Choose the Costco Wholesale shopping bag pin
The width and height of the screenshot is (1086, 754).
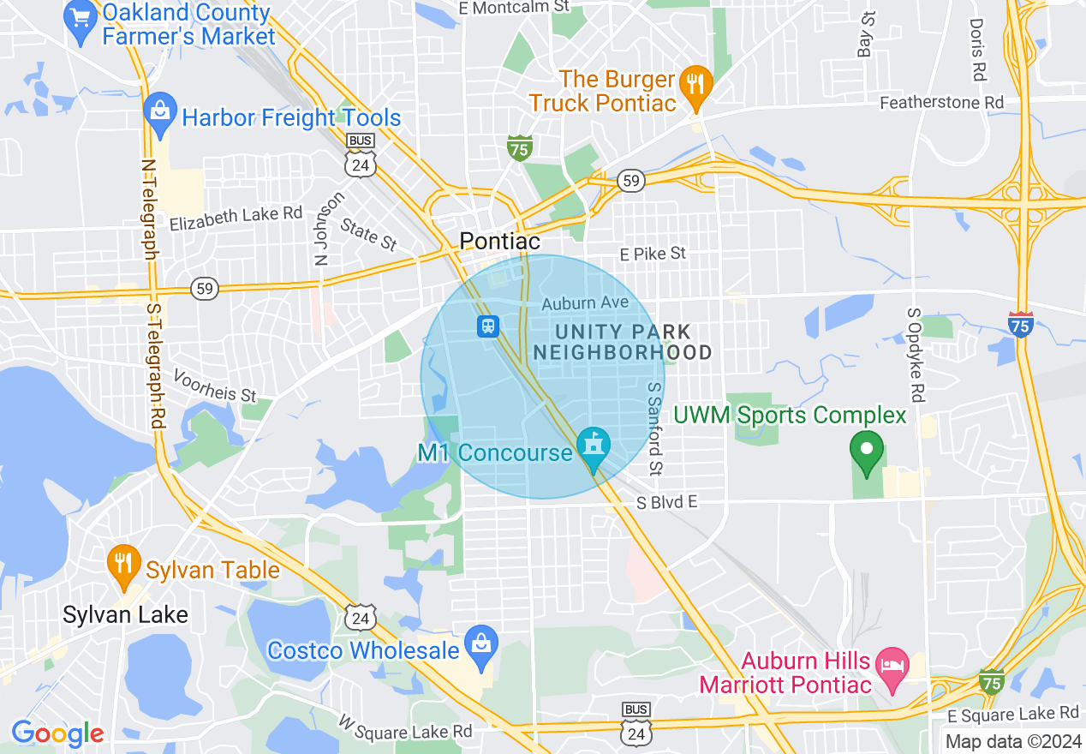click(480, 646)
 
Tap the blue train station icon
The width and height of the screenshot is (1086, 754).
click(488, 326)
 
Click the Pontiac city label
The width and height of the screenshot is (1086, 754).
click(500, 242)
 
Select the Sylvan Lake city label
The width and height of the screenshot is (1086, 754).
click(125, 614)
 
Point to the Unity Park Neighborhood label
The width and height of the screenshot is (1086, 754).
click(623, 342)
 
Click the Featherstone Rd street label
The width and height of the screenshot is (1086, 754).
click(942, 103)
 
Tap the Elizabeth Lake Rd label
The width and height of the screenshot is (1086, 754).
click(236, 218)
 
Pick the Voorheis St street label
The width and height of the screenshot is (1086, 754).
click(215, 386)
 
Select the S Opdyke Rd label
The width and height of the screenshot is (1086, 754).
click(914, 354)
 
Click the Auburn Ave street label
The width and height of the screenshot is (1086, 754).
click(585, 303)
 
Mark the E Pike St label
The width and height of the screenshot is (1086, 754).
click(653, 254)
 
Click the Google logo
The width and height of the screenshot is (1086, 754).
click(57, 733)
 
